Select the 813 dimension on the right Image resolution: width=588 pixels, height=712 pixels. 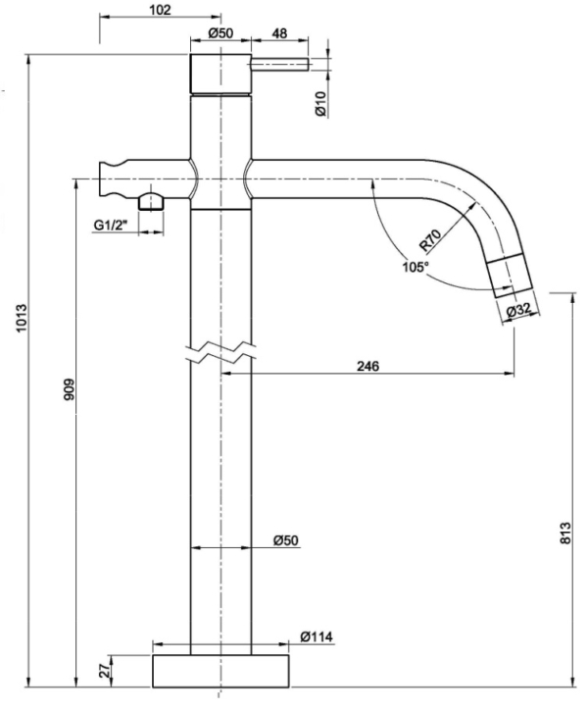pos(564,533)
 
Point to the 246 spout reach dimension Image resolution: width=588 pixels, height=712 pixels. pos(367,366)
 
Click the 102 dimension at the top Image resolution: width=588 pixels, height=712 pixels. pos(157,10)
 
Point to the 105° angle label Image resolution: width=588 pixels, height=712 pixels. pos(414,266)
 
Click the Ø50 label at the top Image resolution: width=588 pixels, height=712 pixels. pos(220,32)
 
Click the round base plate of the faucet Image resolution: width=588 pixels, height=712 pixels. pos(221,673)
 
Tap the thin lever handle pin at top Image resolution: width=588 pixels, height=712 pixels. pos(281,64)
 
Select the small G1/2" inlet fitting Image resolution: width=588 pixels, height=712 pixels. pos(152,203)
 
